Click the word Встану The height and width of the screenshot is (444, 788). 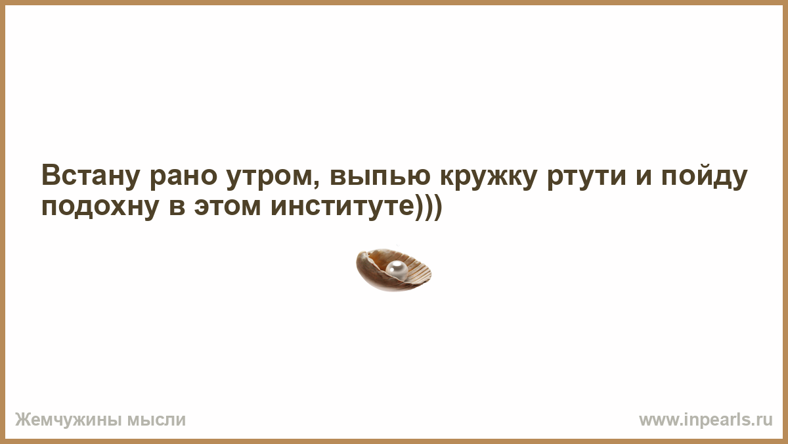tap(91, 175)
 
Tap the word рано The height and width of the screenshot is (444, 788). tap(184, 178)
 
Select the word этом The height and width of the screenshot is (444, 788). tap(228, 207)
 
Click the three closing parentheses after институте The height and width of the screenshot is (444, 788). tap(427, 207)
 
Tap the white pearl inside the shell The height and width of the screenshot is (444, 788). tap(397, 270)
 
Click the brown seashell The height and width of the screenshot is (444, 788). tap(393, 270)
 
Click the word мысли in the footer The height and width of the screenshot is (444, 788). tap(156, 420)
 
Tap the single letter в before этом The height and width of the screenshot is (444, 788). tap(177, 208)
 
